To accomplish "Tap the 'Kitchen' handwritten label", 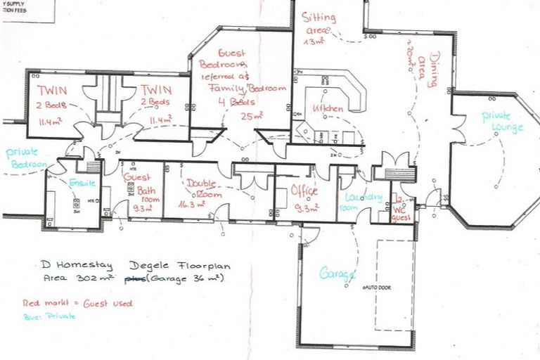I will click(x=328, y=109).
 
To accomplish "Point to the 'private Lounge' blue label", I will click(x=503, y=122).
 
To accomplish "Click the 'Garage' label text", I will click(x=336, y=275).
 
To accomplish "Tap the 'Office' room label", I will click(x=304, y=191).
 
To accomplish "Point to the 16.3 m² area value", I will click(x=191, y=205).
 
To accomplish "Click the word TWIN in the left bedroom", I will click(x=53, y=90).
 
